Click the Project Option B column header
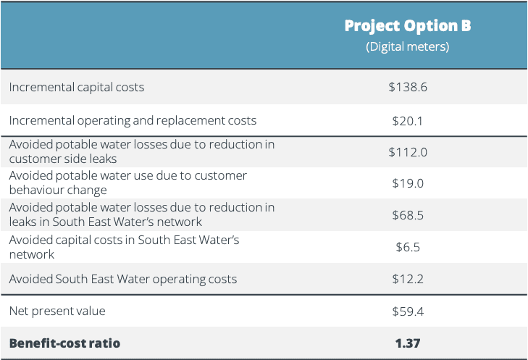[x=408, y=26]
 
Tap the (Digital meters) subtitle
[x=408, y=47]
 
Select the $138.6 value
[x=408, y=87]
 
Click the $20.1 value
[x=408, y=120]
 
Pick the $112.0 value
[x=408, y=151]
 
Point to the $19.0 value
[x=408, y=183]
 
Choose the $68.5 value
[x=408, y=215]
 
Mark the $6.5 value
[x=408, y=247]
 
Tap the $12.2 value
[x=408, y=279]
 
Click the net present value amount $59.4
[x=408, y=311]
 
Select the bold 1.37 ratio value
[x=408, y=343]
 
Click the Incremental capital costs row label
[x=77, y=87]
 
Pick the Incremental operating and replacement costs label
[x=133, y=120]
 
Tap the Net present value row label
[x=57, y=311]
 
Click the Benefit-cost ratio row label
[x=64, y=343]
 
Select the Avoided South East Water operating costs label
[x=122, y=279]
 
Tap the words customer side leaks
[x=62, y=159]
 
